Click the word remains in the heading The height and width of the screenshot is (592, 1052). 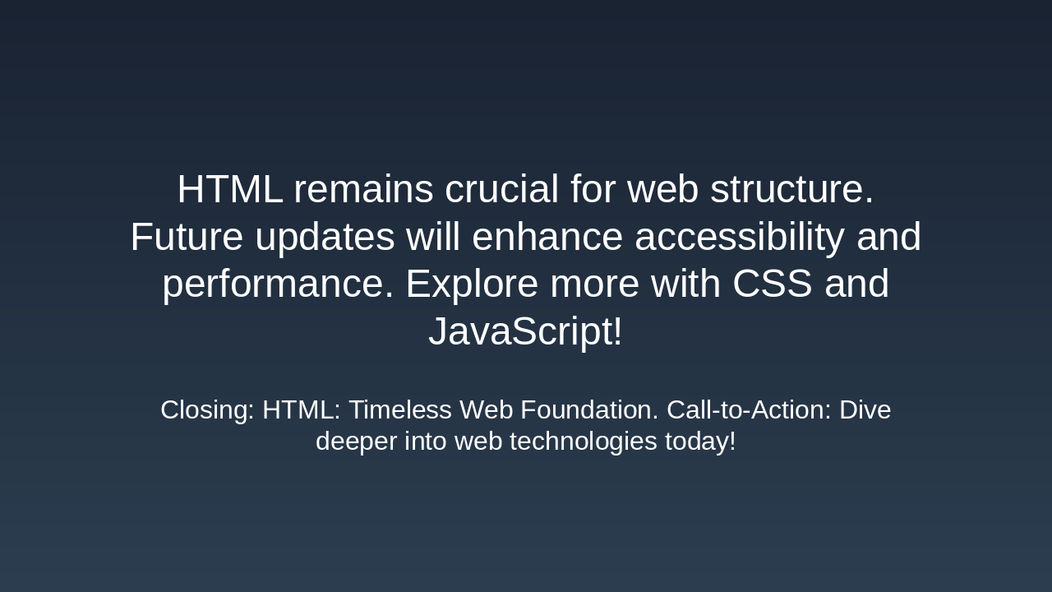click(x=363, y=190)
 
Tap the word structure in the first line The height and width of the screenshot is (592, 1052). click(x=791, y=190)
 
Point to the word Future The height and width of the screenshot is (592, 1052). click(x=187, y=238)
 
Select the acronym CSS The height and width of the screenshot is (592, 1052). click(x=772, y=284)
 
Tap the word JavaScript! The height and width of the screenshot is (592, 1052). click(x=525, y=332)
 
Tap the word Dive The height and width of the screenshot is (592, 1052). click(x=865, y=409)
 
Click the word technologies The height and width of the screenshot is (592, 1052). click(x=579, y=442)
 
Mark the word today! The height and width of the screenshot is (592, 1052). click(x=700, y=442)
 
